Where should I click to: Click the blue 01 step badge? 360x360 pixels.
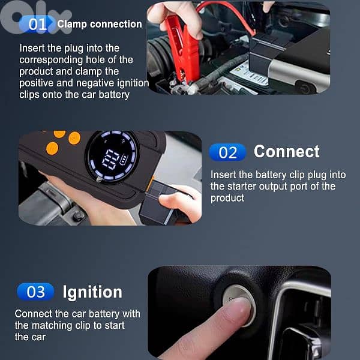[x=37, y=25]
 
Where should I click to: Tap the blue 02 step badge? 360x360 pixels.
[x=227, y=152]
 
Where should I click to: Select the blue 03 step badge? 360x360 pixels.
[x=35, y=292]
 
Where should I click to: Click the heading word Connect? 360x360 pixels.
[x=287, y=152]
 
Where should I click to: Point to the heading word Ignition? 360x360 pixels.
[x=92, y=293]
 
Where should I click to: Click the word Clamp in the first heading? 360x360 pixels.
[x=72, y=25]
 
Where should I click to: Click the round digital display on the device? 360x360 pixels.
[x=113, y=157]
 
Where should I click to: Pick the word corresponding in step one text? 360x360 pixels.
[x=51, y=60]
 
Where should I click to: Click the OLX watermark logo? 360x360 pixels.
[x=34, y=17]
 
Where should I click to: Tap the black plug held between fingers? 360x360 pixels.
[x=158, y=202]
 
